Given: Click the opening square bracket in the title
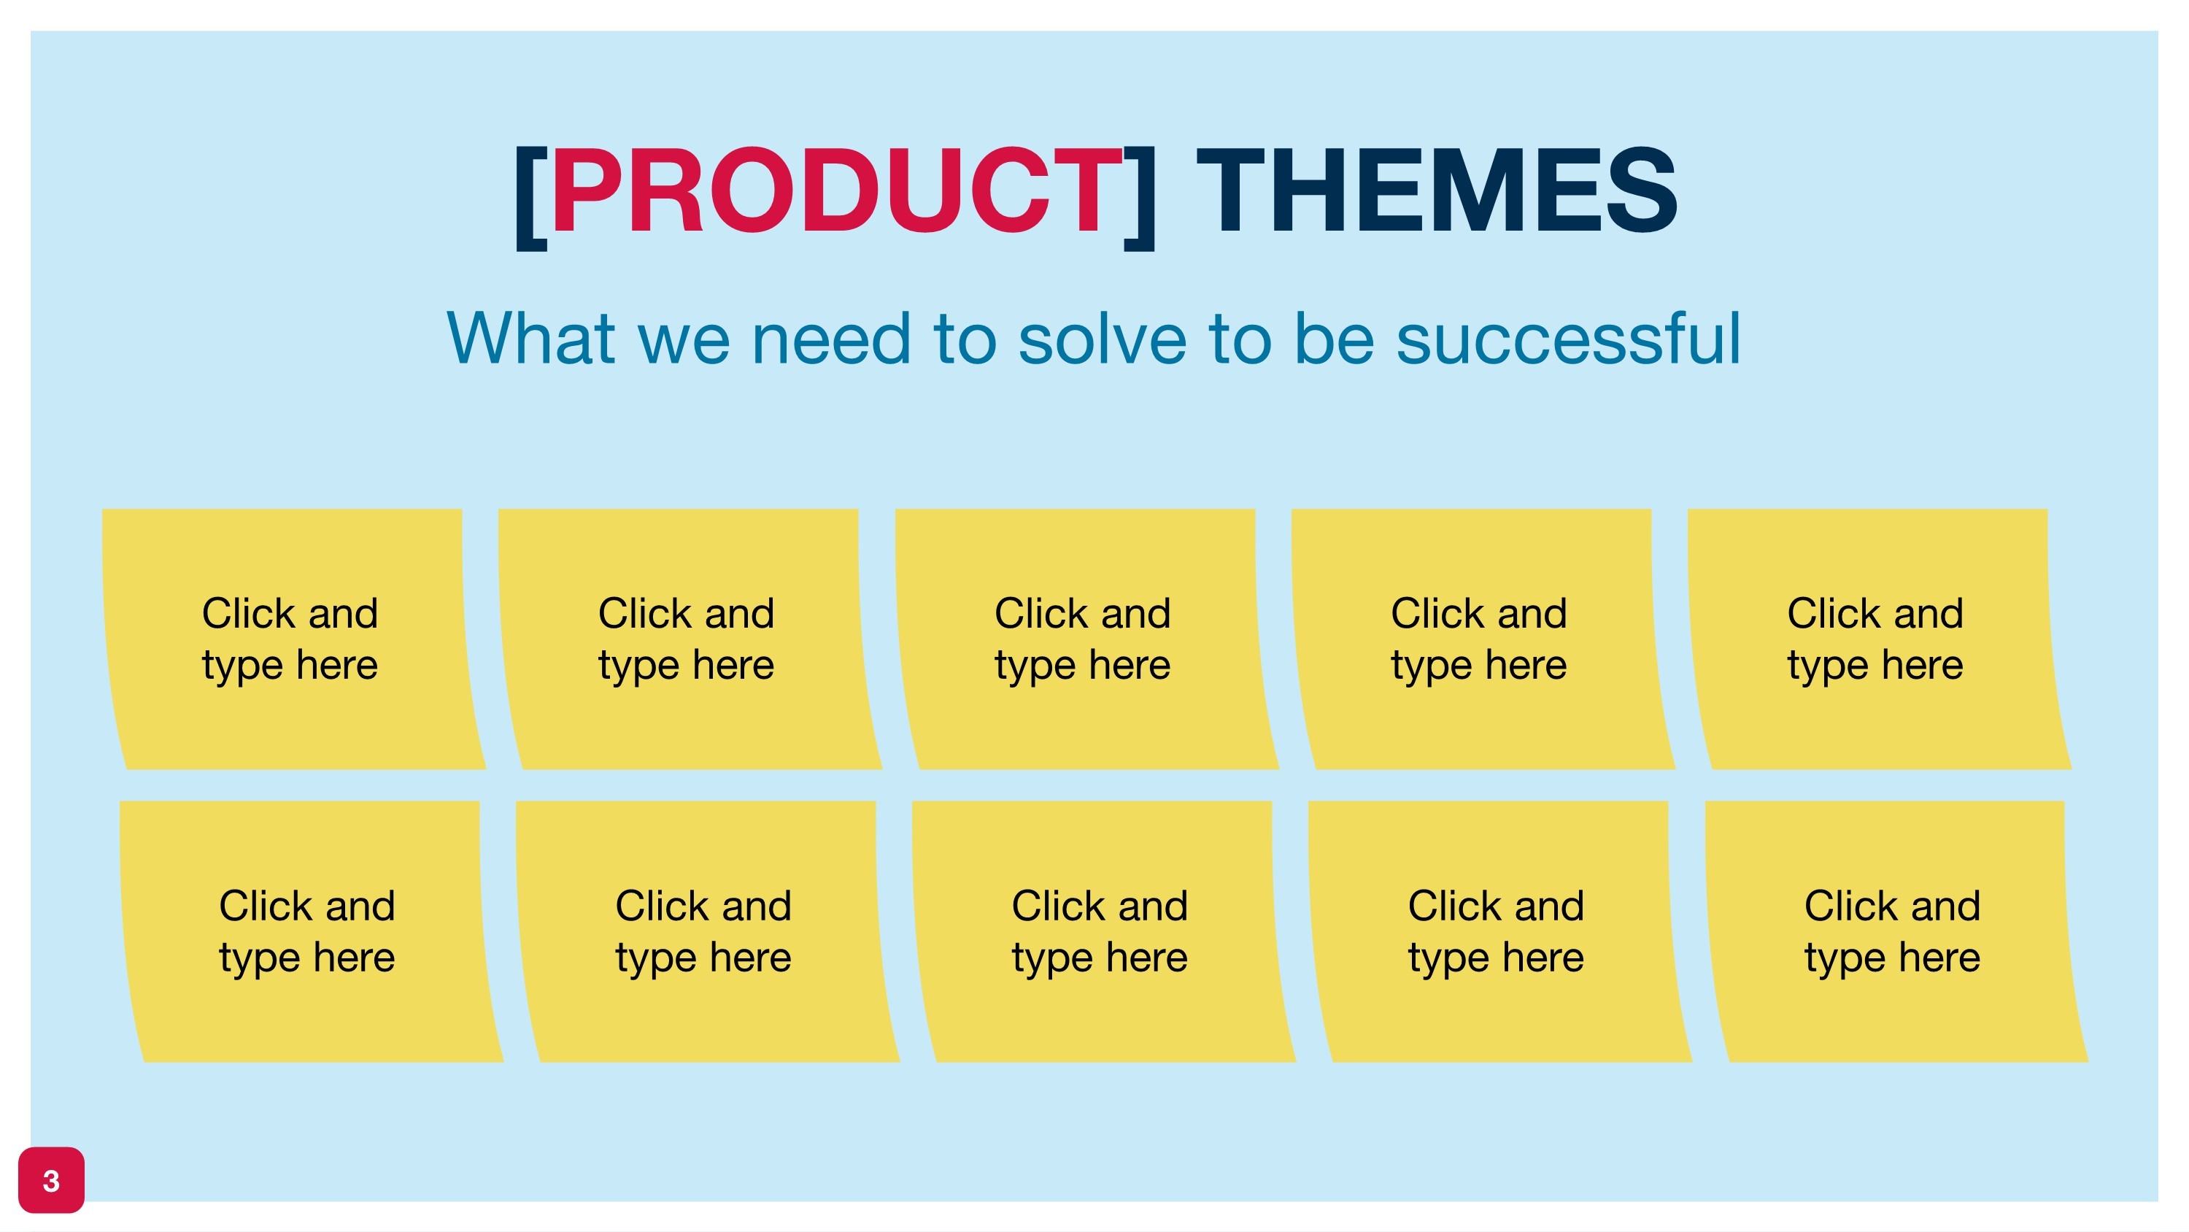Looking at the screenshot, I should pos(530,197).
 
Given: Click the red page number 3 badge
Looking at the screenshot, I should pos(51,1180).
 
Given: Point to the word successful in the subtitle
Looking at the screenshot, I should pos(1569,339).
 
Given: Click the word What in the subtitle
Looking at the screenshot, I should pos(531,339).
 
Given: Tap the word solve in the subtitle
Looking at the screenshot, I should pos(1102,339).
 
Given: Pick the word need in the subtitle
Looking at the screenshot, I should pos(832,339).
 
